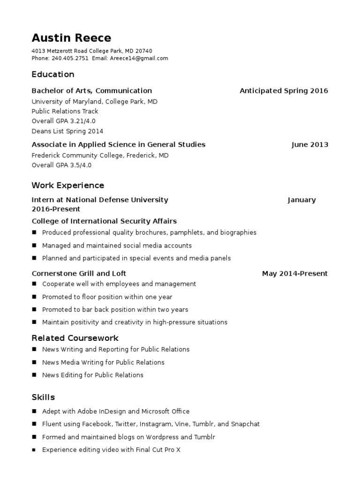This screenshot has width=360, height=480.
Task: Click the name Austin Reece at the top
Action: pos(71,38)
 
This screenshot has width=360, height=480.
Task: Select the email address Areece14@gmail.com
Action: pos(139,59)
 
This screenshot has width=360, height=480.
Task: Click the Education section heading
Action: pos(53,75)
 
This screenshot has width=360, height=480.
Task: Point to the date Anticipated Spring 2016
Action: pos(284,91)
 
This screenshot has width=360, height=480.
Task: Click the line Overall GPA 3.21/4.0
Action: pos(63,121)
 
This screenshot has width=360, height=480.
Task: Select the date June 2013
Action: pos(309,145)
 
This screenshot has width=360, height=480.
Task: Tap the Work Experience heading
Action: pos(68,186)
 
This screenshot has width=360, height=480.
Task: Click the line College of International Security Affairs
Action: pos(104,221)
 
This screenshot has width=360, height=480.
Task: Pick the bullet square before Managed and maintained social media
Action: pos(34,246)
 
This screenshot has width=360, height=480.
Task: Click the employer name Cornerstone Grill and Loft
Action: pos(79,274)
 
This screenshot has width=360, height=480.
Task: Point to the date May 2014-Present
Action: pos(295,274)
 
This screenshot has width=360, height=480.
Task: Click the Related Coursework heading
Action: pos(75,338)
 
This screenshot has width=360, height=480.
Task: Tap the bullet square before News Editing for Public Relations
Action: pos(34,375)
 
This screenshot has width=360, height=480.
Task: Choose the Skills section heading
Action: pos(43,397)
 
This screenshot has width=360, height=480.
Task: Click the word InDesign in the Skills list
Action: pos(112,412)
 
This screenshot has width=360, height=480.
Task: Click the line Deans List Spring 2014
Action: pos(67,132)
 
